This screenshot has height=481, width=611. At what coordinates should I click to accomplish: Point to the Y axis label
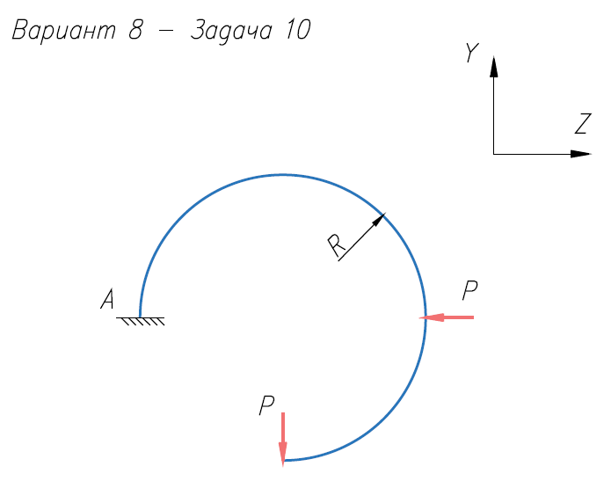click(472, 55)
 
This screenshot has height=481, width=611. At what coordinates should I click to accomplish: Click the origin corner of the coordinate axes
click(494, 154)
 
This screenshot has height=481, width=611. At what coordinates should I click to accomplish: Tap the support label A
click(107, 301)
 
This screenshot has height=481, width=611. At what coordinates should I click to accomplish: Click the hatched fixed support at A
click(141, 320)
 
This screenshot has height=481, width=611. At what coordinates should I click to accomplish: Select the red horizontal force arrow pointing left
click(447, 317)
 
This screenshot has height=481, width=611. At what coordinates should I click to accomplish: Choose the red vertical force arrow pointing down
click(283, 437)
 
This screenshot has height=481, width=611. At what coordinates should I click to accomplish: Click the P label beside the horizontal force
click(470, 288)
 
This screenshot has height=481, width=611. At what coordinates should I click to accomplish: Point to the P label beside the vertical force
click(267, 405)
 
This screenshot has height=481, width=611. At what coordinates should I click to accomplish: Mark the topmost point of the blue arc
click(283, 174)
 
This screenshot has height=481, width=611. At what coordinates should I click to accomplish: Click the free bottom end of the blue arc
click(283, 460)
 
